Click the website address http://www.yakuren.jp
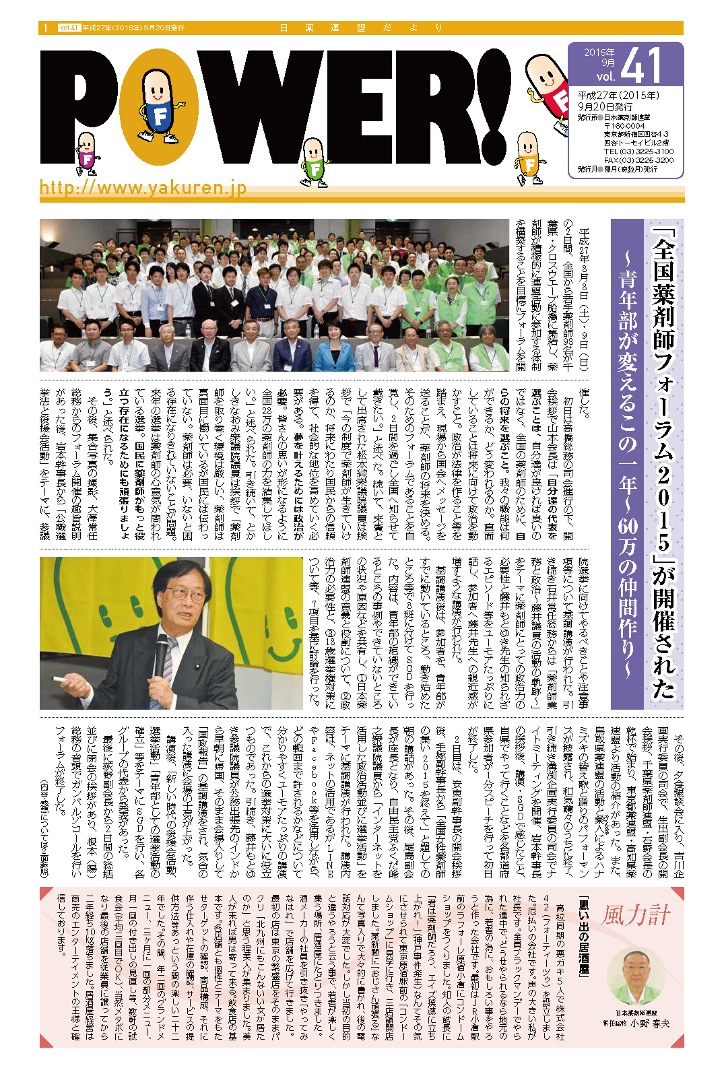(x=143, y=187)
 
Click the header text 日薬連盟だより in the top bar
(x=361, y=28)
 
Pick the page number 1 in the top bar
(x=45, y=28)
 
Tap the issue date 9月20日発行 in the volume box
(x=605, y=106)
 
